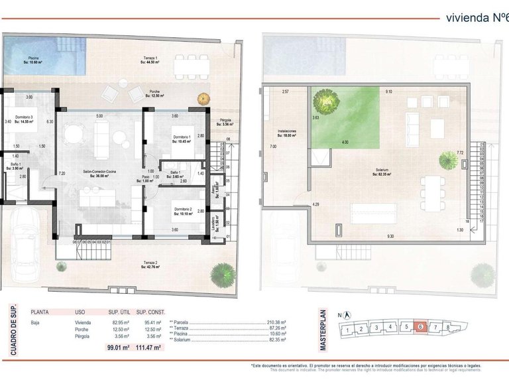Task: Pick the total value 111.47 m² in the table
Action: pyautogui.click(x=148, y=347)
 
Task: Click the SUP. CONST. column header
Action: pyautogui.click(x=149, y=310)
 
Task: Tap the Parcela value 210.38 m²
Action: pyautogui.click(x=274, y=322)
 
